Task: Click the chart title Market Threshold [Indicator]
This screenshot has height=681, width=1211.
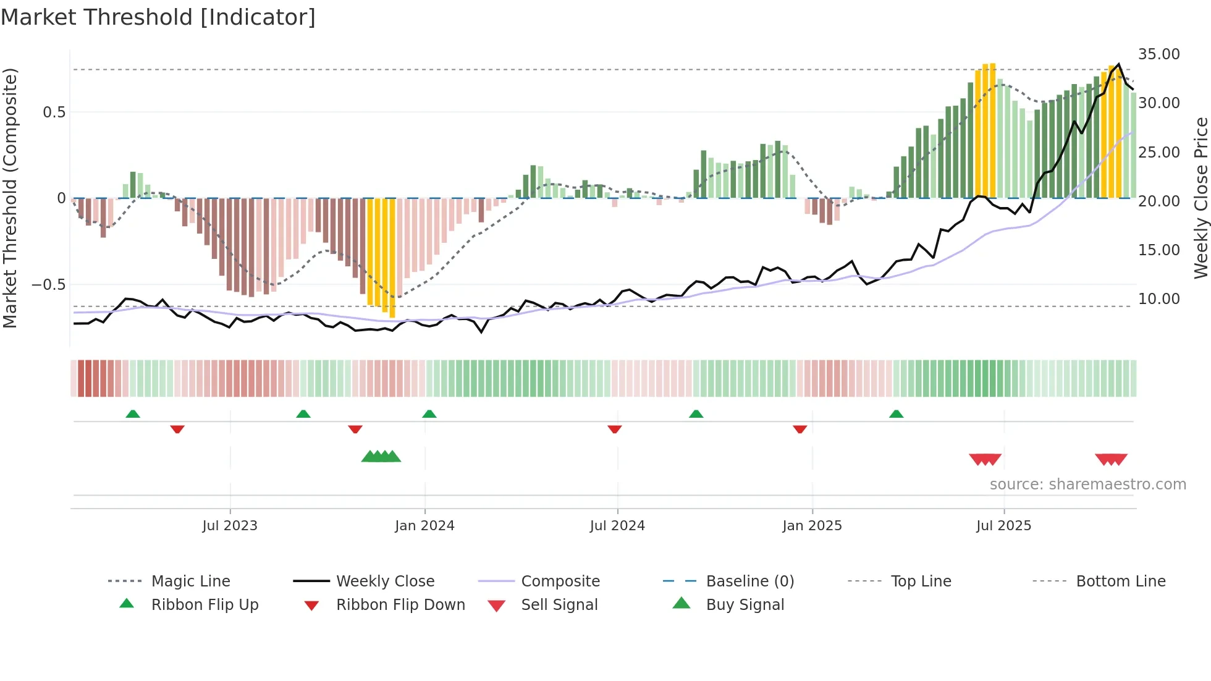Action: pos(158,17)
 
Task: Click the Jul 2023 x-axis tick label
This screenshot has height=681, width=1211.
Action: pos(230,526)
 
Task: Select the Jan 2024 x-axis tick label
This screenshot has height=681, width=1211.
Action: pos(424,526)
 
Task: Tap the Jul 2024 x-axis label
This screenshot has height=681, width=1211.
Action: pos(617,526)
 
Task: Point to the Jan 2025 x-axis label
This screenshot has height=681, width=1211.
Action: pos(812,526)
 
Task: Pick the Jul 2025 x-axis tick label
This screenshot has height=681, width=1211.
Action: pos(1004,526)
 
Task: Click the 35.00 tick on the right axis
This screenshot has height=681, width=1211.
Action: pos(1158,54)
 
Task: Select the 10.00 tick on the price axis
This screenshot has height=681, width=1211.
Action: pos(1158,299)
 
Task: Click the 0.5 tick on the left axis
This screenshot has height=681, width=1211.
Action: pos(54,112)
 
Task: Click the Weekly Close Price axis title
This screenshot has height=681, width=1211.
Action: pos(1200,198)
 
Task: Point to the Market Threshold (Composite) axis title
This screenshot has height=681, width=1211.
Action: pos(10,198)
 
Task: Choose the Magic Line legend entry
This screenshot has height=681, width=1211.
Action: pos(190,582)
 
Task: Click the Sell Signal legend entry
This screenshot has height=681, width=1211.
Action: pos(559,605)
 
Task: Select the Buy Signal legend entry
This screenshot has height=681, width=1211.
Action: pos(745,605)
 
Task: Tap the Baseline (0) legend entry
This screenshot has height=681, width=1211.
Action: pos(749,582)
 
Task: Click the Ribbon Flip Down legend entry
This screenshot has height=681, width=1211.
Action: pos(400,605)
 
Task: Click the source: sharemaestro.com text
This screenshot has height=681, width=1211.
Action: pos(1087,484)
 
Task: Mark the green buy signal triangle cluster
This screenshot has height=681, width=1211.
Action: pos(381,457)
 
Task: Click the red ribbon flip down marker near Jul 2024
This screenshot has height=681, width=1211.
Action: pos(614,429)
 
